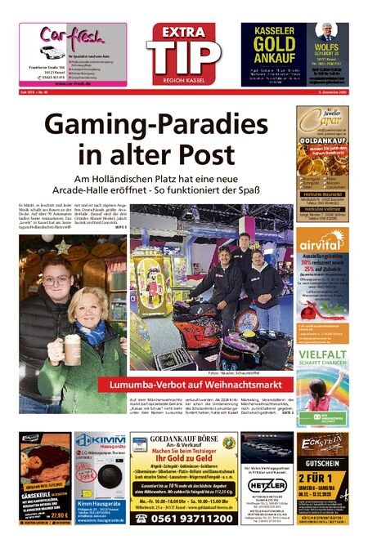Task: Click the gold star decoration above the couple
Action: [x=63, y=246]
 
